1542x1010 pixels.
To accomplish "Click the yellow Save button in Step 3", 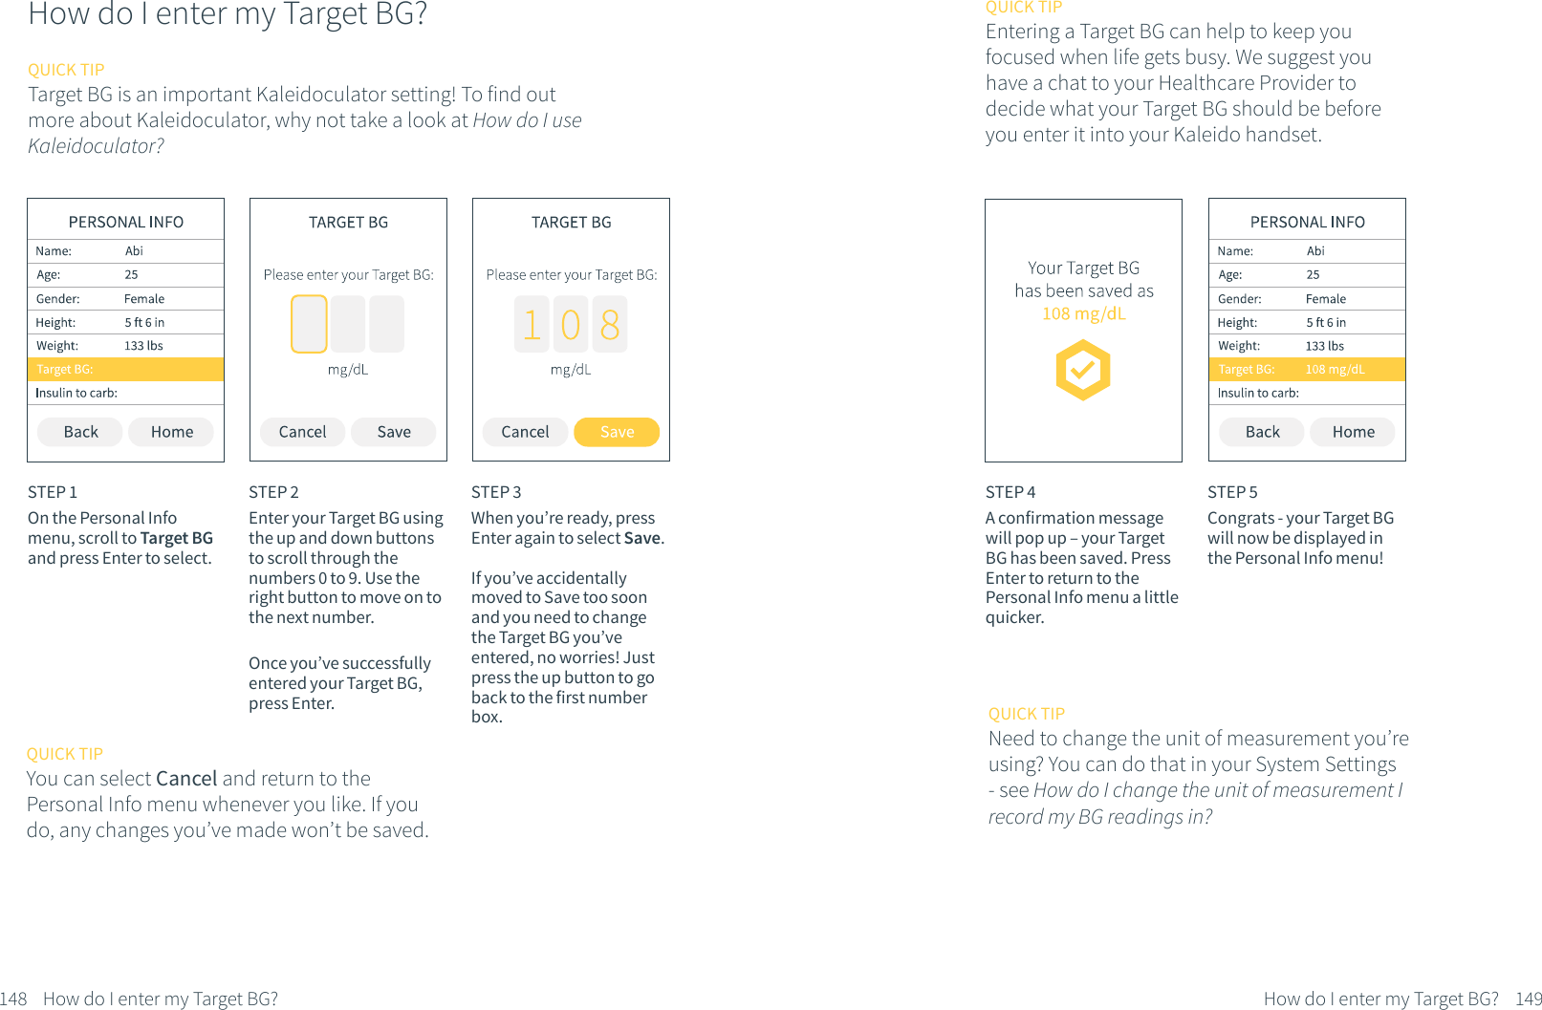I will click(x=617, y=432).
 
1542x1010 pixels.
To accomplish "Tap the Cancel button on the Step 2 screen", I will click(x=302, y=432).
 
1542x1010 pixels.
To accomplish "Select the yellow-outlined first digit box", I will click(x=309, y=324).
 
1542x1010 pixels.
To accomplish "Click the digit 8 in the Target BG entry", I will click(x=610, y=325).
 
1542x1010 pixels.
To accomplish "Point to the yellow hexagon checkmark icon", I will click(x=1082, y=371).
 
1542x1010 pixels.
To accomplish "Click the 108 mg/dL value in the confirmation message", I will click(x=1083, y=313).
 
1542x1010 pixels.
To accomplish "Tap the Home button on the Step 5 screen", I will click(x=1353, y=432).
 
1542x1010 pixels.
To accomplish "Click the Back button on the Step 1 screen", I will click(x=80, y=432).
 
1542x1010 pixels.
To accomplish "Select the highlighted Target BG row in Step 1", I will click(x=125, y=369).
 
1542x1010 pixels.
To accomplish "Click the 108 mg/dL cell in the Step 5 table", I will click(x=1335, y=369).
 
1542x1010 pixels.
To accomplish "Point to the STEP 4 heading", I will click(x=1010, y=492).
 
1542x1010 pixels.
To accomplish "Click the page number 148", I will click(x=13, y=999).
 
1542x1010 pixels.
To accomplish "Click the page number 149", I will click(x=1528, y=999).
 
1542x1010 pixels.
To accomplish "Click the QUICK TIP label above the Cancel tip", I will click(x=65, y=754).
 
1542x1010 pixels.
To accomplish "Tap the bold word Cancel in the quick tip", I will click(x=186, y=779).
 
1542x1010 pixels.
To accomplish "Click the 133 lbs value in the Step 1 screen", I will click(x=143, y=346).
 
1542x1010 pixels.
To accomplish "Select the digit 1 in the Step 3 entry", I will click(x=532, y=325).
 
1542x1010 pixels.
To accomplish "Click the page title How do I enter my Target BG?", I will click(x=228, y=14).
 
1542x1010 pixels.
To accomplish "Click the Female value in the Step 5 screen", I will click(x=1325, y=299).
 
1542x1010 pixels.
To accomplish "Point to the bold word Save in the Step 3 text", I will click(x=641, y=538).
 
